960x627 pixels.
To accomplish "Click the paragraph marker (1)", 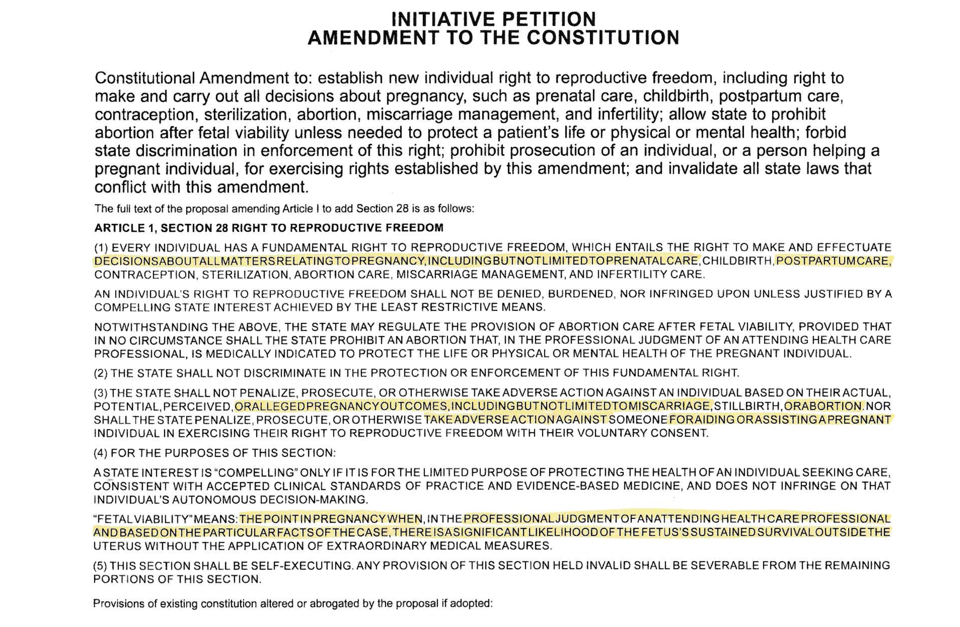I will point(101,248).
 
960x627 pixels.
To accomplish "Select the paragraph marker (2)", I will point(101,373).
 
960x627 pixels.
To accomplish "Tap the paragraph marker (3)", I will point(101,393).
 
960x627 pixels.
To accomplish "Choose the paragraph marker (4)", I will point(101,453).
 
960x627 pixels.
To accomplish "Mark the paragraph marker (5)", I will point(101,565).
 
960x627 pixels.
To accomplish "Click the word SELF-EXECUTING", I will point(302,565).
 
